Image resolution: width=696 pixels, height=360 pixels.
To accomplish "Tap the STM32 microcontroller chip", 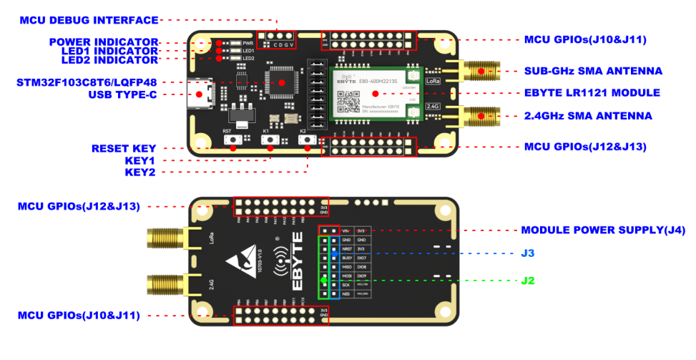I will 280,82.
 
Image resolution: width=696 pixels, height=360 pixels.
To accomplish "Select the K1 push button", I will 270,143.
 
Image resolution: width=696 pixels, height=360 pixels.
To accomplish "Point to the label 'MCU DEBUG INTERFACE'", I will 89,20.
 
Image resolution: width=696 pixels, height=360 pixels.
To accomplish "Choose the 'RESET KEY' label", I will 124,149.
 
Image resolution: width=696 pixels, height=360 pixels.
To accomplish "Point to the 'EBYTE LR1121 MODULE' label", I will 592,93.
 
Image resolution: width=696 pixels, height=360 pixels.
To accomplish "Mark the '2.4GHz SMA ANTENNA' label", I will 588,116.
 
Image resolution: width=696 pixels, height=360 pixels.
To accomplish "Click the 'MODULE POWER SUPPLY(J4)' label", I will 603,230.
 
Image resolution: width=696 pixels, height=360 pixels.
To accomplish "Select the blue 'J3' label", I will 528,253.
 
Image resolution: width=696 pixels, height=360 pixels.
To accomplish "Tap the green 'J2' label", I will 528,281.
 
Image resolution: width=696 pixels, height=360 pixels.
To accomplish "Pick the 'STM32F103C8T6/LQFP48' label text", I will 87,82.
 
